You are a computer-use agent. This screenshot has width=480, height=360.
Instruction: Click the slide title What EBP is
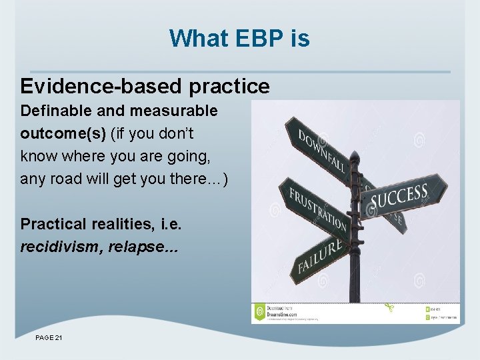point(239,38)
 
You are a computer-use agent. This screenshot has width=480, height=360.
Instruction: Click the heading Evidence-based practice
point(145,86)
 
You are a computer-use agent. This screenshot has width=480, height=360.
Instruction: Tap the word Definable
point(51,109)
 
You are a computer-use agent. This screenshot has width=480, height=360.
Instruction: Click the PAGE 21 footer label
point(49,339)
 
